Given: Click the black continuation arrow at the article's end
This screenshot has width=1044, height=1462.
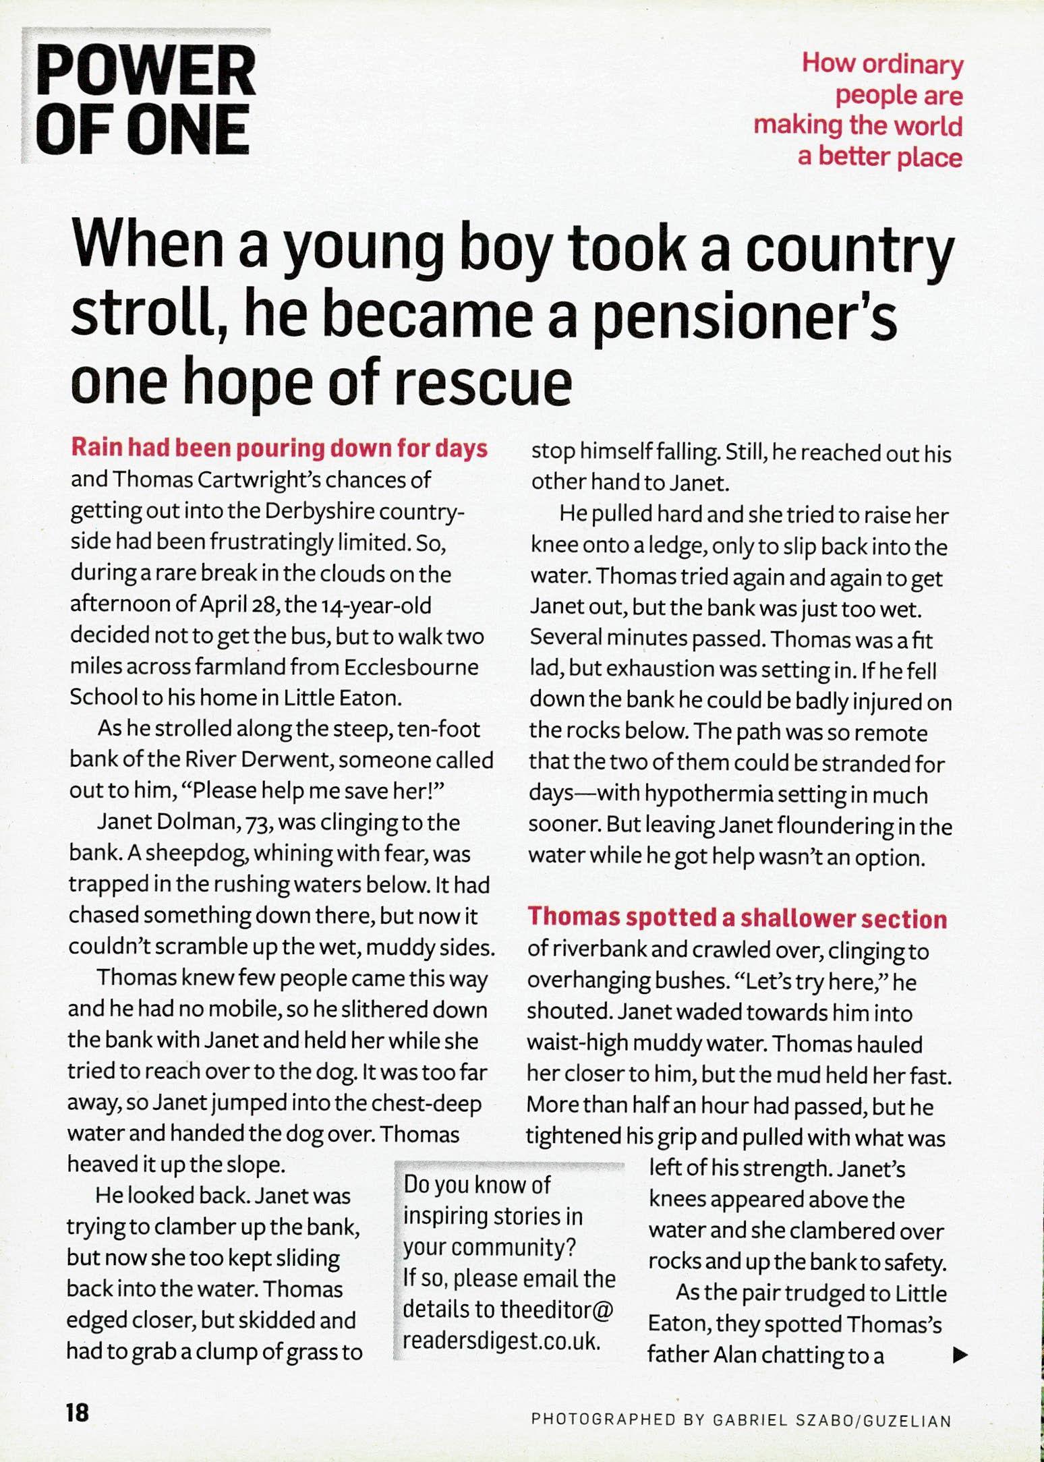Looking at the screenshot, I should tap(960, 1354).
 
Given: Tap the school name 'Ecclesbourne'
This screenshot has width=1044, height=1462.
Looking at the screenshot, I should tap(411, 667).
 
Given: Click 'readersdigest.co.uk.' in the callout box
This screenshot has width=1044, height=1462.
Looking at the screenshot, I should tap(501, 1341).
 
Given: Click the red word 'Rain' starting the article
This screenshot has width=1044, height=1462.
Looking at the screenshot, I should tap(96, 448).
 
